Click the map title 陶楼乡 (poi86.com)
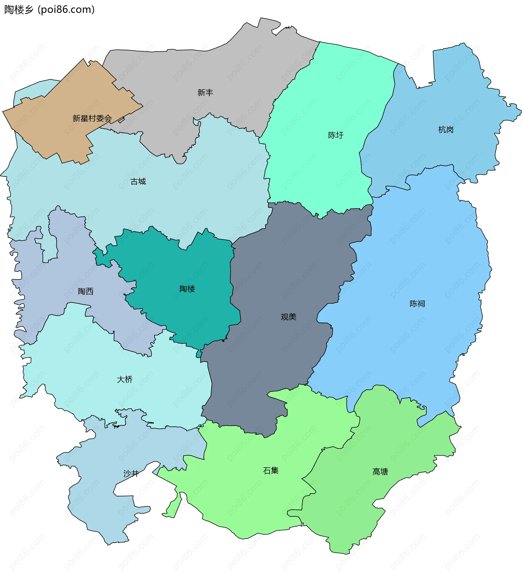tap(49, 10)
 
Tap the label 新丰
tap(205, 92)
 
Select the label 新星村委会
tap(92, 118)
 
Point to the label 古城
tap(138, 181)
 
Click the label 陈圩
tap(335, 135)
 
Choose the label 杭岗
tap(446, 130)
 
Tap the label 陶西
tap(85, 291)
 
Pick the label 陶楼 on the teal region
tap(187, 289)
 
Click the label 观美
tap(288, 317)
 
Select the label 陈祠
tap(417, 304)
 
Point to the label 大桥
tap(125, 379)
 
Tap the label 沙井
tap(131, 473)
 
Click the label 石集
tap(271, 471)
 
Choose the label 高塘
tap(380, 472)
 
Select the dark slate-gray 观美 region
tap(284, 269)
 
